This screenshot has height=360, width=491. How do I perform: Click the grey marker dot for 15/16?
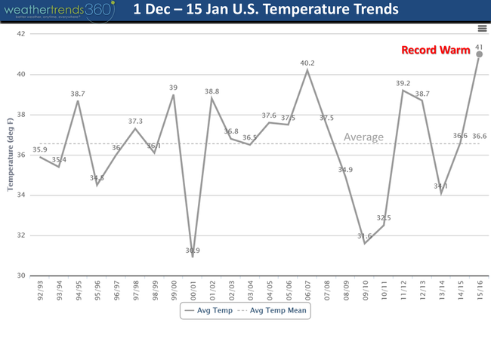(x=479, y=54)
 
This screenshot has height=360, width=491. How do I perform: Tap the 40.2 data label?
(x=307, y=63)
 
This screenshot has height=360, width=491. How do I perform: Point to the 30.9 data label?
(x=193, y=250)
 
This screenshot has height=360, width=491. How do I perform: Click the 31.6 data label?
(x=365, y=235)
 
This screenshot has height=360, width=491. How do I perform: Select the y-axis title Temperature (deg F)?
(x=11, y=155)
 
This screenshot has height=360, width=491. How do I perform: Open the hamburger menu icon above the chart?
(x=482, y=28)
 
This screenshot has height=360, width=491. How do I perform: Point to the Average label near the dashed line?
(x=364, y=137)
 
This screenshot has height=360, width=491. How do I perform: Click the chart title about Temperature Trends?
(x=266, y=11)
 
